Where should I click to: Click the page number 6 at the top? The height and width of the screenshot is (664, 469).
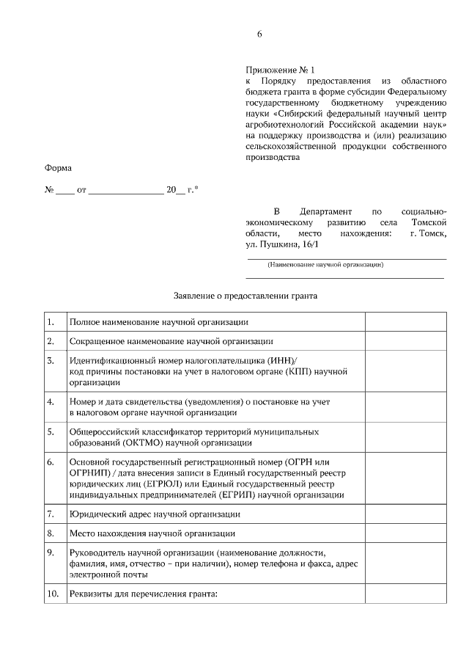(259, 34)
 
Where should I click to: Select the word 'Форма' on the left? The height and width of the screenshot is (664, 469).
(59, 168)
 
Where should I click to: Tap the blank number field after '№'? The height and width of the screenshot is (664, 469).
(65, 190)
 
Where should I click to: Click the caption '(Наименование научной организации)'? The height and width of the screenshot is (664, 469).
(325, 264)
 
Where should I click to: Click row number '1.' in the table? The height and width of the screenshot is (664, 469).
(51, 322)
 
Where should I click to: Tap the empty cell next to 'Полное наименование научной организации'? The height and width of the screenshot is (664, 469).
(405, 322)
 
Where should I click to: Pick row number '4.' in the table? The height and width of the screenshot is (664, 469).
(51, 402)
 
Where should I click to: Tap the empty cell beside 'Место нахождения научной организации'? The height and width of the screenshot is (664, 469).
(405, 533)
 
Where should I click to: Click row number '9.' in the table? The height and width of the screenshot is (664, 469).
(51, 552)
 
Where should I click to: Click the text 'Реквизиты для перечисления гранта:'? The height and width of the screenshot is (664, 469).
(144, 594)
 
